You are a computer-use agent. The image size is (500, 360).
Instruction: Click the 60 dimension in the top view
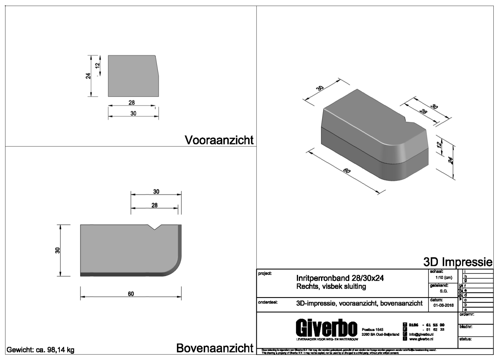[131, 294]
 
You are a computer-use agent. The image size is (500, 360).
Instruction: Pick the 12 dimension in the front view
[98, 65]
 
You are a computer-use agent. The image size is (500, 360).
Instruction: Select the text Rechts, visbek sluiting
[331, 287]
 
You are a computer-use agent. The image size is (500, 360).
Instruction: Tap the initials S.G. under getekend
[443, 291]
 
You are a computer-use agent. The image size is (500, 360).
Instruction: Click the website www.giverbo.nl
[423, 339]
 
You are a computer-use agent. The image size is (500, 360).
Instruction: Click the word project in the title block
[265, 273]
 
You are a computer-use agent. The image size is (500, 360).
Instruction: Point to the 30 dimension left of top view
[57, 250]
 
